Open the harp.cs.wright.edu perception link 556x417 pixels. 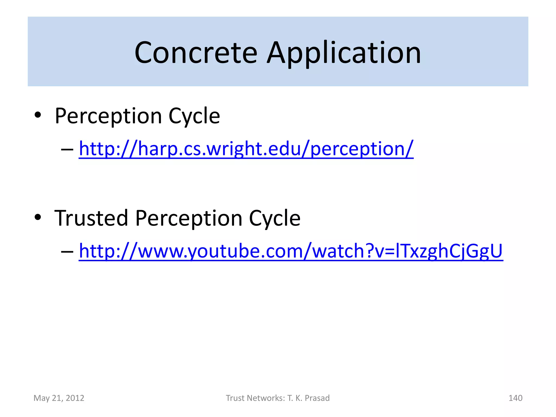246,149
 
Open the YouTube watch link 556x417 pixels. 291,251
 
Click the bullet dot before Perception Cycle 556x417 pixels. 38,115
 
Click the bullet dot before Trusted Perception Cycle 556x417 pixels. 38,217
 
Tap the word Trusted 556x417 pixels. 91,218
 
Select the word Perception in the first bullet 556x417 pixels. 108,116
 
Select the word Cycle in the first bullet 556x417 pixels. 194,116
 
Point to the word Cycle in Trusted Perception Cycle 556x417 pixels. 274,218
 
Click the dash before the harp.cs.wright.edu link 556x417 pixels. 67,149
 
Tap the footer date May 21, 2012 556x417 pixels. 59,398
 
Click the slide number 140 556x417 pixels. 515,398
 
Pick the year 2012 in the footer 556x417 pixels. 75,398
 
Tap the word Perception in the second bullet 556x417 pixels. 189,218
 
